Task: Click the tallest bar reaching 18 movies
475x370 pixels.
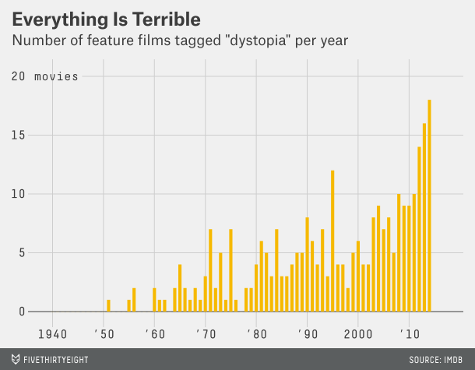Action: (x=429, y=206)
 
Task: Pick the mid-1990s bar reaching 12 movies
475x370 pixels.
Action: (x=332, y=241)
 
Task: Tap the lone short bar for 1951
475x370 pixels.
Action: (x=108, y=305)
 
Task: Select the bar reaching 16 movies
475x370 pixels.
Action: (x=424, y=217)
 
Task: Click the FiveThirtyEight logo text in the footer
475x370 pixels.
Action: (x=57, y=359)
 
